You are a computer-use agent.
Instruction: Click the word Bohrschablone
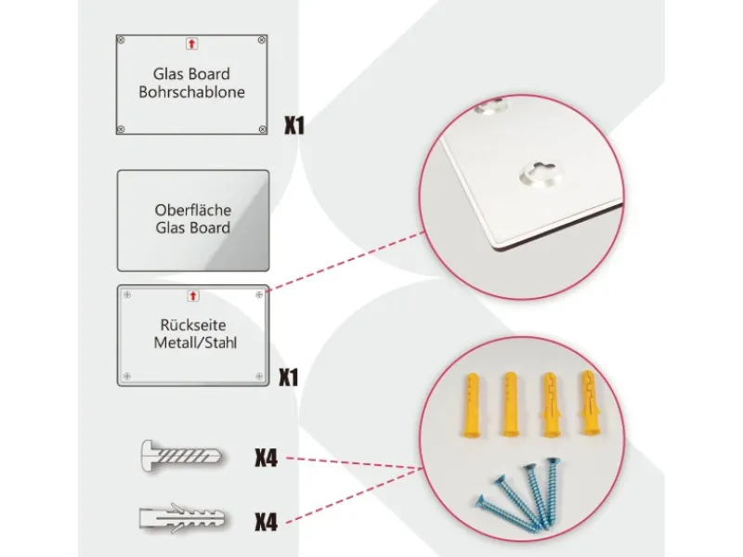191,92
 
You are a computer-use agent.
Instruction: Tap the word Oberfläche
193,210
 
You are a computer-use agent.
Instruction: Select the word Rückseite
193,325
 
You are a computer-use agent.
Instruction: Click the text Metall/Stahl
195,343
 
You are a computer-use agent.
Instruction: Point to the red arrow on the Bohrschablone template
191,44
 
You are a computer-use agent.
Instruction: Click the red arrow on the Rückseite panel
193,296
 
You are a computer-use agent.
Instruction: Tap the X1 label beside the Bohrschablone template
294,125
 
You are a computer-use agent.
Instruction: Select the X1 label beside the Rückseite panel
289,378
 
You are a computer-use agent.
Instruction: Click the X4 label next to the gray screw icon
266,458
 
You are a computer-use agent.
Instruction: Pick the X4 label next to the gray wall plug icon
266,522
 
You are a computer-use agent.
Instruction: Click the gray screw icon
181,456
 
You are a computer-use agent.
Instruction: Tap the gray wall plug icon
182,518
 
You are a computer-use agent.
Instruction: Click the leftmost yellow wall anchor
471,405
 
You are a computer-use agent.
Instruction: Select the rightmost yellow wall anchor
588,403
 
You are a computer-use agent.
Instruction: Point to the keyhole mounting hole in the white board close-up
542,174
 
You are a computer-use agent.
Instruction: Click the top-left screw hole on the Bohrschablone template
121,40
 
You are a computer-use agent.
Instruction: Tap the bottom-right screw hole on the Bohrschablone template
263,129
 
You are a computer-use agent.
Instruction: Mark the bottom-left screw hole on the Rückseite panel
127,376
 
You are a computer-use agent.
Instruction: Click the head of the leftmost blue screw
480,500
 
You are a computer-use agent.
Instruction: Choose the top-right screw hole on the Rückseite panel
259,294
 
